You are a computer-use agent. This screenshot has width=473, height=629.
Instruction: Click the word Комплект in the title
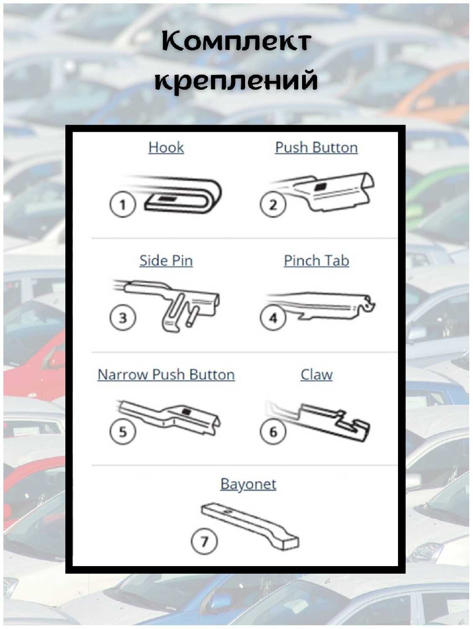[236, 42]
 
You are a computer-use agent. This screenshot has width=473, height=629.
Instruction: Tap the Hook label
[166, 148]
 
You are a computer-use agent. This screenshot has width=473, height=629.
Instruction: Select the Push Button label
[316, 148]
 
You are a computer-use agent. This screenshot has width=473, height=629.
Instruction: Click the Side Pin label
[166, 261]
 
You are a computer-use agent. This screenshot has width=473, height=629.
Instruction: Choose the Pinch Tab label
[316, 261]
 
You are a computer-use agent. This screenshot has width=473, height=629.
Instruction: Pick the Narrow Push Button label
[166, 374]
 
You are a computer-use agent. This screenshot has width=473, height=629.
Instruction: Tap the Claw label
[316, 374]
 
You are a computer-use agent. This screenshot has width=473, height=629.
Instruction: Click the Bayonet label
[248, 484]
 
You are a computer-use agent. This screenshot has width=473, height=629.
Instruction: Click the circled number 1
[122, 205]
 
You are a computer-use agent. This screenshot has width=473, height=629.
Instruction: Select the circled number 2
[273, 205]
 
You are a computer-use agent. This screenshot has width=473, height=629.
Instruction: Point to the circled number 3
[122, 317]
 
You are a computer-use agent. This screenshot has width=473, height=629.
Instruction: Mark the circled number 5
[122, 431]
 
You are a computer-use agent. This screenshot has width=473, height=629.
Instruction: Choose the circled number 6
[273, 431]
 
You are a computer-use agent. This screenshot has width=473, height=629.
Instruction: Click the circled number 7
[204, 541]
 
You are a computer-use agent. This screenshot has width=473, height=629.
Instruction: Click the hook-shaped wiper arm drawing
[184, 195]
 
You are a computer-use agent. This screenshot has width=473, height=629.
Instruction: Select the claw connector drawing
[331, 424]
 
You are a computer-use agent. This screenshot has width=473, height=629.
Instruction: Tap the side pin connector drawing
[176, 306]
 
